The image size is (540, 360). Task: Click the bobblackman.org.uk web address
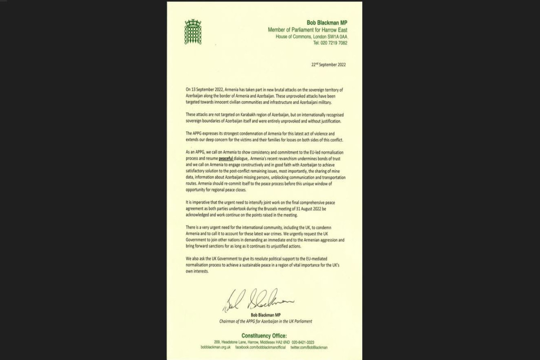[x=216, y=348]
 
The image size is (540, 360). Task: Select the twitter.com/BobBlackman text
[x=309, y=348]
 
